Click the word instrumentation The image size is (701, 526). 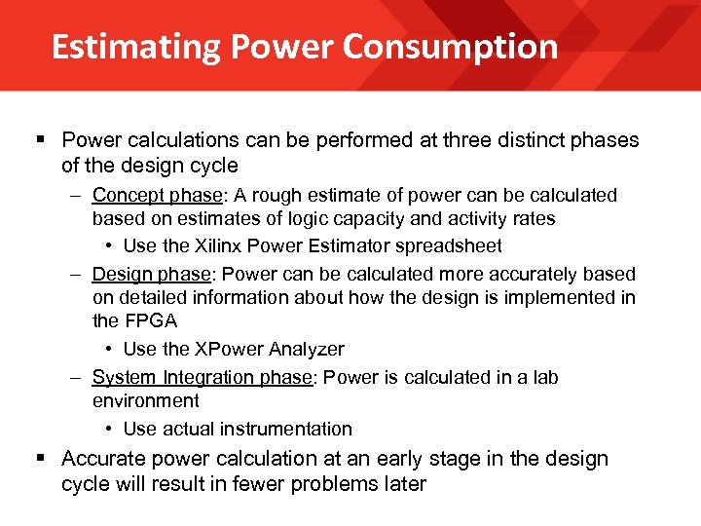click(286, 429)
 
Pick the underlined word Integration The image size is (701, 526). click(205, 377)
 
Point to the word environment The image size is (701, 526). click(146, 400)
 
